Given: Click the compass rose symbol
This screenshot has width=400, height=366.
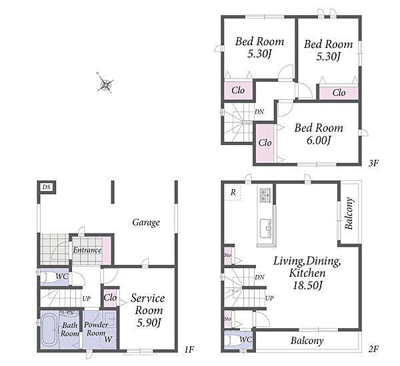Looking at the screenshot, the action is coord(105,83).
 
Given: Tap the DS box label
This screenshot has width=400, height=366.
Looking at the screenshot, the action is coord(46,187).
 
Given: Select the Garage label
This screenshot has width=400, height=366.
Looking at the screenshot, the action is coord(146,222).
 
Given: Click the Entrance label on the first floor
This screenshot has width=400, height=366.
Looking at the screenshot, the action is coord(87,250).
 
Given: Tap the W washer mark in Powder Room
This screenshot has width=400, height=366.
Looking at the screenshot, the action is coord(108,339).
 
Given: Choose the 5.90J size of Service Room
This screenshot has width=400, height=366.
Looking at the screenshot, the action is coord(149,323).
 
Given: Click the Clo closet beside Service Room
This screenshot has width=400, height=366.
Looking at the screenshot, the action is coord(110,297).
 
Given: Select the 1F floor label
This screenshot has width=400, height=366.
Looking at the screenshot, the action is coord(189,350).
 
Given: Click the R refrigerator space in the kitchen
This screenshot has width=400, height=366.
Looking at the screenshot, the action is coord(233,192).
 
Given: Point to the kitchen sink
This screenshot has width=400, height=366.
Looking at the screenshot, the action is coord(265,228).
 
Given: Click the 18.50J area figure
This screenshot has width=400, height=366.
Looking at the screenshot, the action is coord(307,285).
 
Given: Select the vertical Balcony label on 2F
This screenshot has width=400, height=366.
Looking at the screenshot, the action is coord(349,214).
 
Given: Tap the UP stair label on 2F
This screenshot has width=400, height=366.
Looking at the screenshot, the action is coord(269,297).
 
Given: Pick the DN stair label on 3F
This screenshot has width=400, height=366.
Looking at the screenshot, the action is coord(259,112).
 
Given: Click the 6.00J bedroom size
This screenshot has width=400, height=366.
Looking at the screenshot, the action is coord(319,140).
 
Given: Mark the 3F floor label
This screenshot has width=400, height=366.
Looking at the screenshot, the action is coord(373,163).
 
